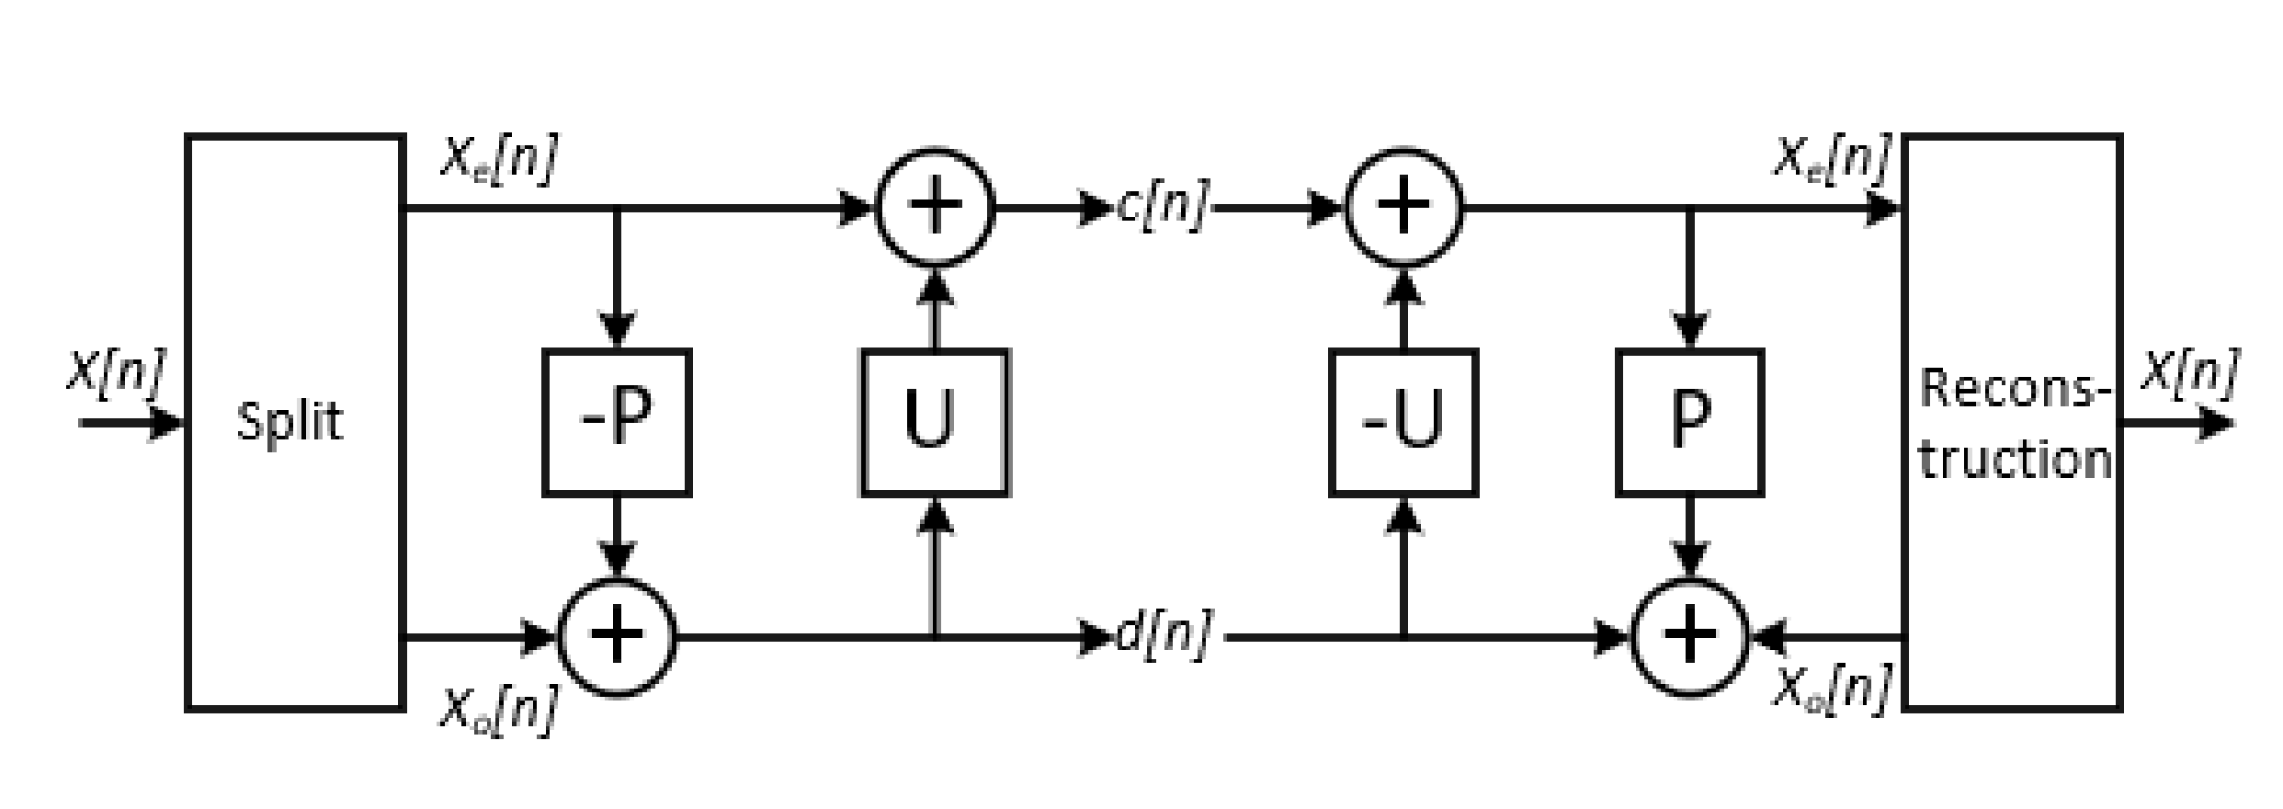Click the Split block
tap(295, 422)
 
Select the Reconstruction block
tap(2013, 422)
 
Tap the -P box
tap(617, 422)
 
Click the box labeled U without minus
tap(935, 422)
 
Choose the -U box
tap(1403, 422)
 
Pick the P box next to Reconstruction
tap(1689, 422)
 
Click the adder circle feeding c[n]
tap(935, 208)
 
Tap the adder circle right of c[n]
tap(1403, 208)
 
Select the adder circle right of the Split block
tap(617, 636)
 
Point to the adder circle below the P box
tap(1689, 636)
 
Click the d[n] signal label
tap(1162, 634)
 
